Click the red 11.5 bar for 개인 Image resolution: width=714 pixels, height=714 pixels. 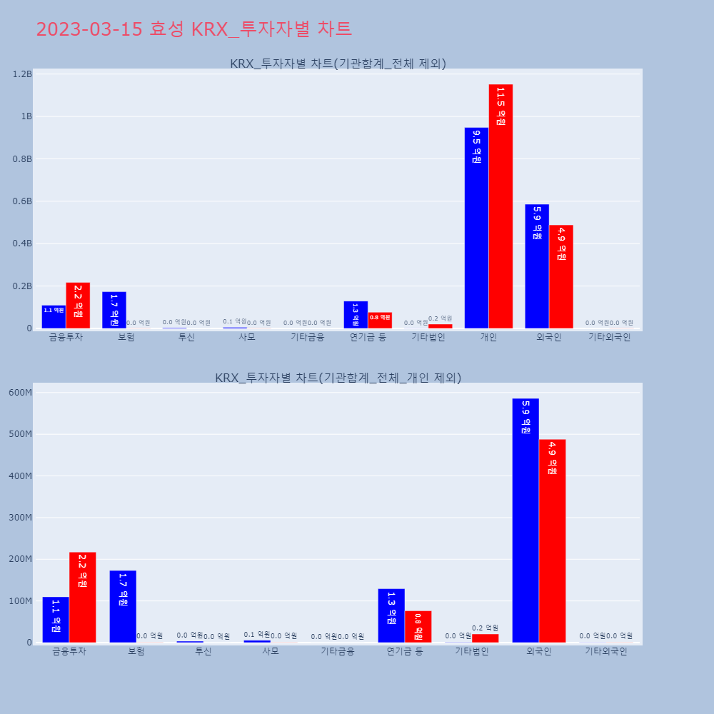click(x=501, y=206)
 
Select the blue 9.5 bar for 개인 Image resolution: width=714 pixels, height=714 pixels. click(x=476, y=228)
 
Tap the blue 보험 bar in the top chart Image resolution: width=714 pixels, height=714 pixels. click(x=114, y=310)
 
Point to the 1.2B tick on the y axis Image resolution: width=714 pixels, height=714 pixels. click(x=23, y=74)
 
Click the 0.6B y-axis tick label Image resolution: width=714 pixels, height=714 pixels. click(x=23, y=201)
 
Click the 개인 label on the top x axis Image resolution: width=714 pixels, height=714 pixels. click(x=488, y=337)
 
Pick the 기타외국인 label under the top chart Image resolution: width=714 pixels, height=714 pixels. click(x=609, y=337)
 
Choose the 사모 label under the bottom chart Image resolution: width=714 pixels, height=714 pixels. click(x=271, y=651)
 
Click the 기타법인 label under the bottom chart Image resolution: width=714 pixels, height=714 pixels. click(x=472, y=651)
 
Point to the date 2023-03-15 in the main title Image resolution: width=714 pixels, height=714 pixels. click(x=89, y=29)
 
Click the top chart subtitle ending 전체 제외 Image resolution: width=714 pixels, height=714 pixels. click(x=338, y=64)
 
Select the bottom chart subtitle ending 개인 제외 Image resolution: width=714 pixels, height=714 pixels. click(x=338, y=378)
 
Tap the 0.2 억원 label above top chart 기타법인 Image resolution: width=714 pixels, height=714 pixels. click(x=441, y=318)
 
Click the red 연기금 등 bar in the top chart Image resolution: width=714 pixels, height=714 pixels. click(x=380, y=321)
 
